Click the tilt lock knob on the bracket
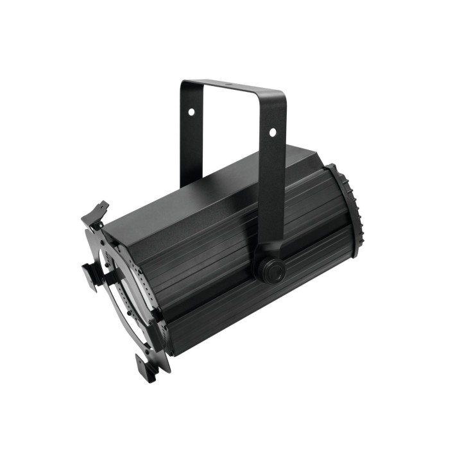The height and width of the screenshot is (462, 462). point(269,269)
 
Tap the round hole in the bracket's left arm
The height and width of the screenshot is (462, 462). point(191,112)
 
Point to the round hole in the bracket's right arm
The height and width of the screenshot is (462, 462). point(272,132)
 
